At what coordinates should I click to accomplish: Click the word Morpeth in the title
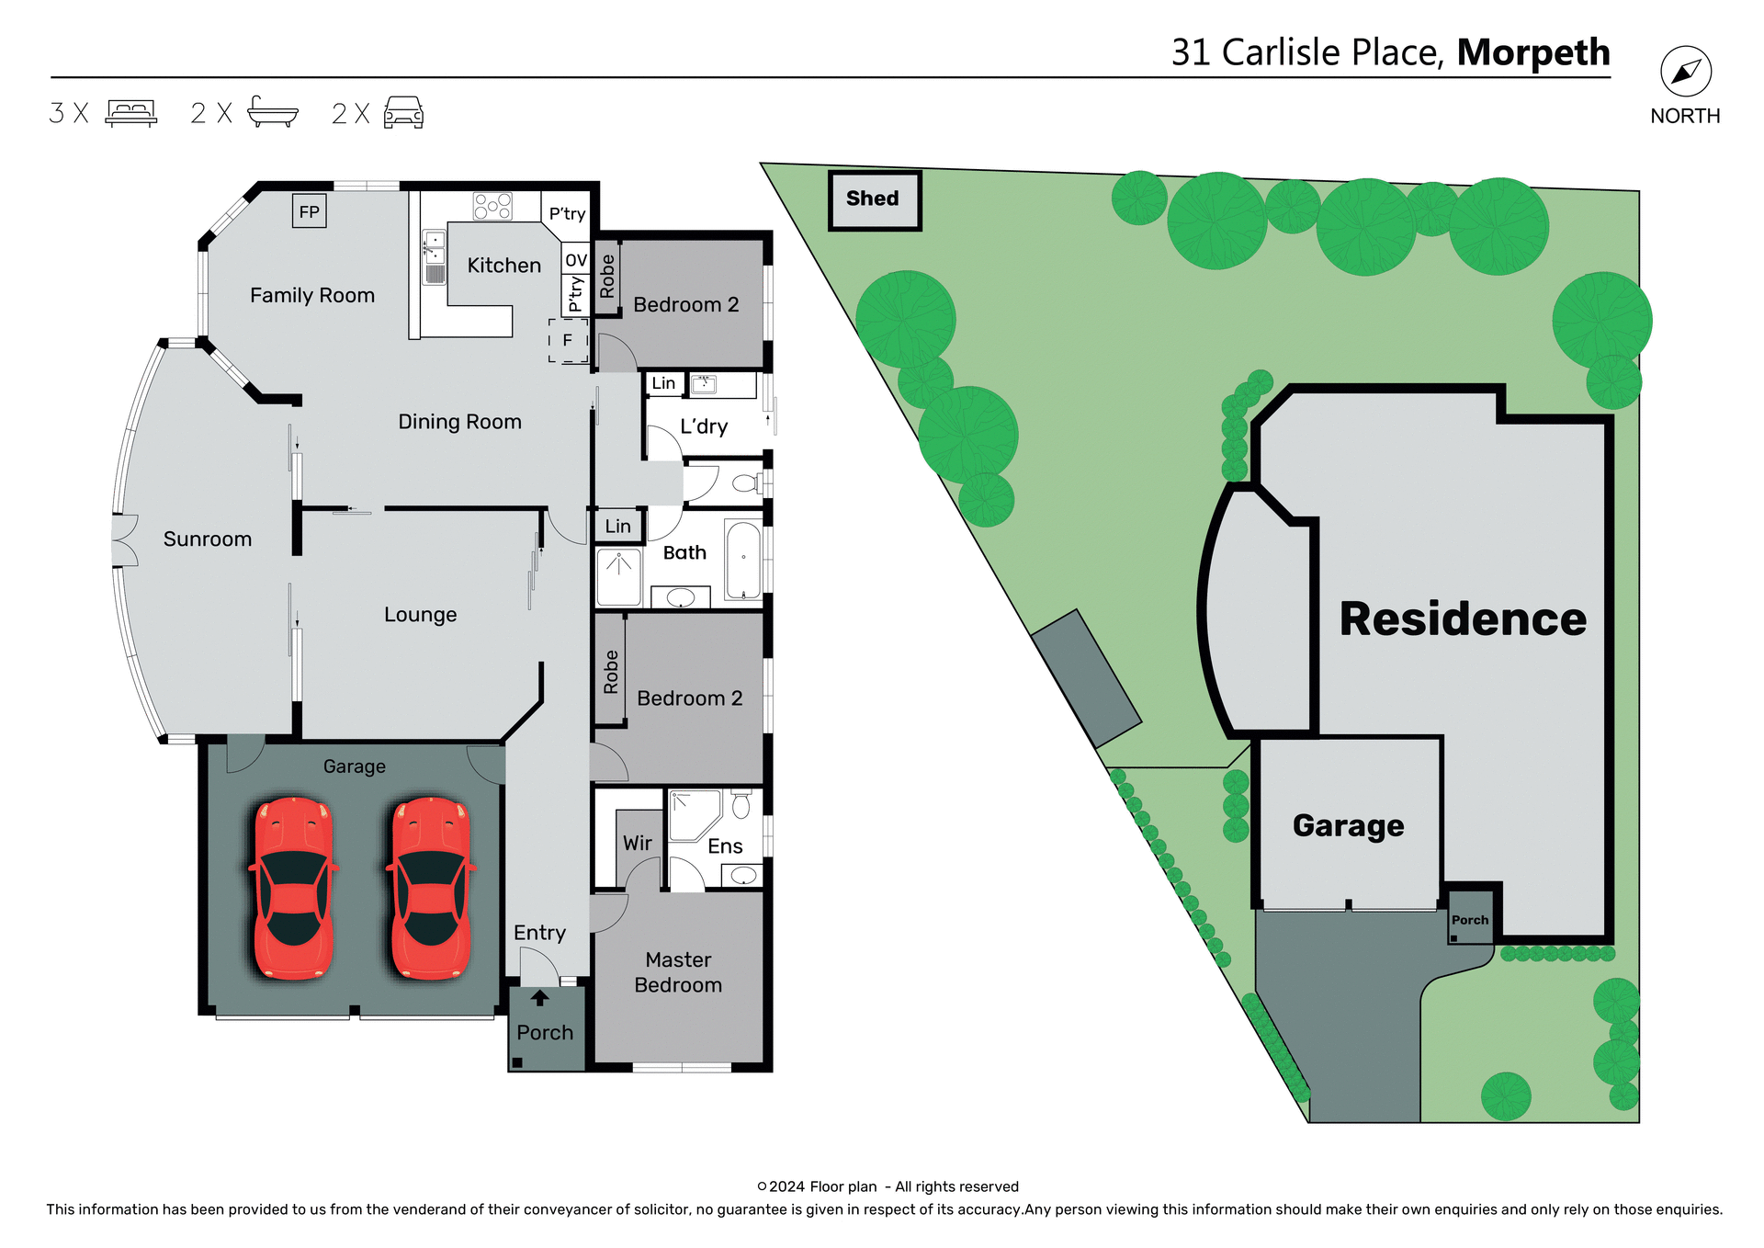pos(1532,52)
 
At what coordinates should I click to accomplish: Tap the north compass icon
pos(1685,72)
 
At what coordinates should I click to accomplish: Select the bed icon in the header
pos(131,113)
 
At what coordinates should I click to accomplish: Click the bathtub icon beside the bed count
pos(273,112)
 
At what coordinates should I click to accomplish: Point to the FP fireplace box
pos(310,211)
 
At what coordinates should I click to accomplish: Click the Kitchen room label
pos(503,266)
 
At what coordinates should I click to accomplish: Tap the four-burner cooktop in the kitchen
pos(492,207)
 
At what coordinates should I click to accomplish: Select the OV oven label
pos(576,260)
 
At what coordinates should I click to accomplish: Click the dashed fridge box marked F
pos(568,341)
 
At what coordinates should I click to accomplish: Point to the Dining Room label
pos(459,422)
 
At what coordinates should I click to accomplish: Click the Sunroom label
pos(208,539)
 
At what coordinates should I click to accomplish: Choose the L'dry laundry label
pos(704,426)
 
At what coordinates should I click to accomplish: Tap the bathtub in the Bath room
pos(743,560)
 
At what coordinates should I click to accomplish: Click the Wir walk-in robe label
pos(638,843)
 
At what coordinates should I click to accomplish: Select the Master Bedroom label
pos(678,972)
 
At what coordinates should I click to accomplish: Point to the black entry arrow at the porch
pos(540,998)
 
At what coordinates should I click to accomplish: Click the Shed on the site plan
pos(873,199)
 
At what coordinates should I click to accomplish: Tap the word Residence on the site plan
pos(1463,618)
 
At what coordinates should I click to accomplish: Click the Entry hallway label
pos(539,933)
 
